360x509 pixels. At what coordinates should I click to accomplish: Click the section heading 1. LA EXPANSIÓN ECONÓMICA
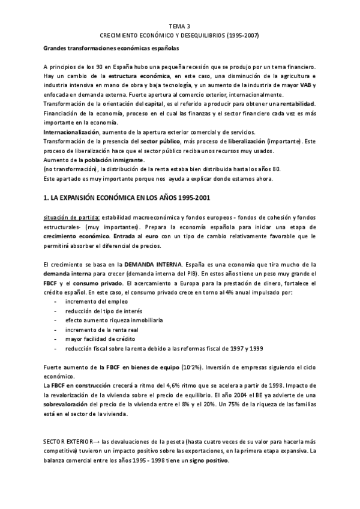coord(126,197)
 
